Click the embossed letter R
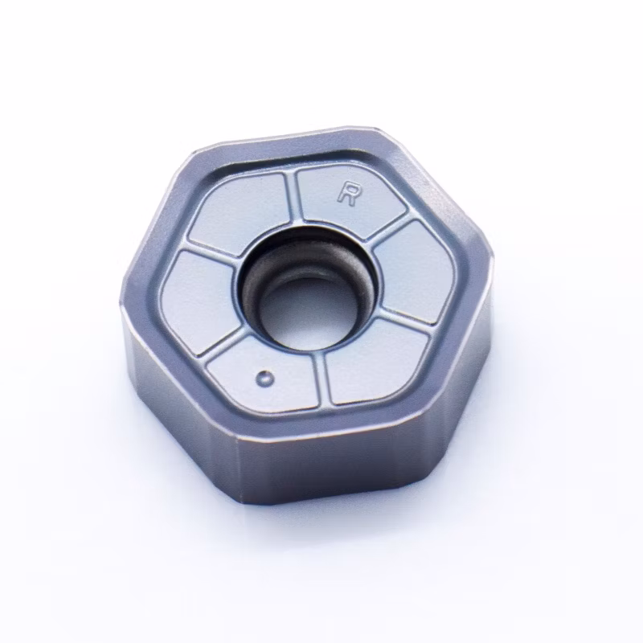[347, 194]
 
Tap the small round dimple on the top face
[265, 378]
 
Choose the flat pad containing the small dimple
[264, 375]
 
